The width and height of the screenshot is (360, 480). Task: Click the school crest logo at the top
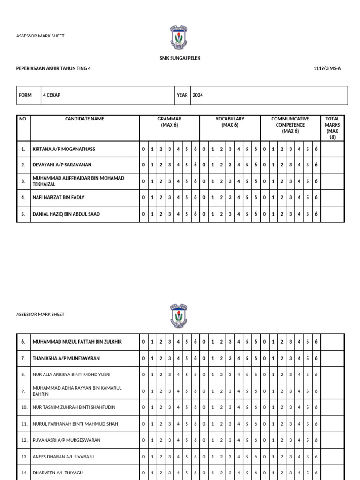[179, 37]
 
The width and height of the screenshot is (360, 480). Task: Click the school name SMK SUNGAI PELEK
[180, 58]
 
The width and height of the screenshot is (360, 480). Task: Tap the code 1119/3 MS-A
[327, 68]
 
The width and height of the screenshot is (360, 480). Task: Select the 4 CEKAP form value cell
[108, 95]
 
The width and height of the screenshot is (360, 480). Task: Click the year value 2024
[198, 95]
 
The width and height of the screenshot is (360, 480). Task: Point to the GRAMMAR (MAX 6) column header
[169, 122]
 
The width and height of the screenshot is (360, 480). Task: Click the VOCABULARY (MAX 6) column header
[230, 122]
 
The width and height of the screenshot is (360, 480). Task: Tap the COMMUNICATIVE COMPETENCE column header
[290, 125]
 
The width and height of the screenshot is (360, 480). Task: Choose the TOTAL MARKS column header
[332, 128]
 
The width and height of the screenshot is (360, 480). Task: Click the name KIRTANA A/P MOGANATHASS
[64, 149]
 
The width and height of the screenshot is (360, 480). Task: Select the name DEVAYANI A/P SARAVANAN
[62, 165]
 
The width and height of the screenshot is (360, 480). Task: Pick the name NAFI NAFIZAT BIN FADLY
[59, 197]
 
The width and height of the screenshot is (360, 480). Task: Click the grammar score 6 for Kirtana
[195, 149]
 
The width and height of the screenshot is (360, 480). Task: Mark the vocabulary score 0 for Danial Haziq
[204, 214]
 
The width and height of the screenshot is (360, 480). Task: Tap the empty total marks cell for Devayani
[332, 165]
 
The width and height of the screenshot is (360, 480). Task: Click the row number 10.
[24, 407]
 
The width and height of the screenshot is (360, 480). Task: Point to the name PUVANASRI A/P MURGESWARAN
[67, 440]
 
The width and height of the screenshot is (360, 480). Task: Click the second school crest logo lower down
[179, 315]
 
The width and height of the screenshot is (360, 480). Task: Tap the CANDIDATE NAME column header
[84, 119]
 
